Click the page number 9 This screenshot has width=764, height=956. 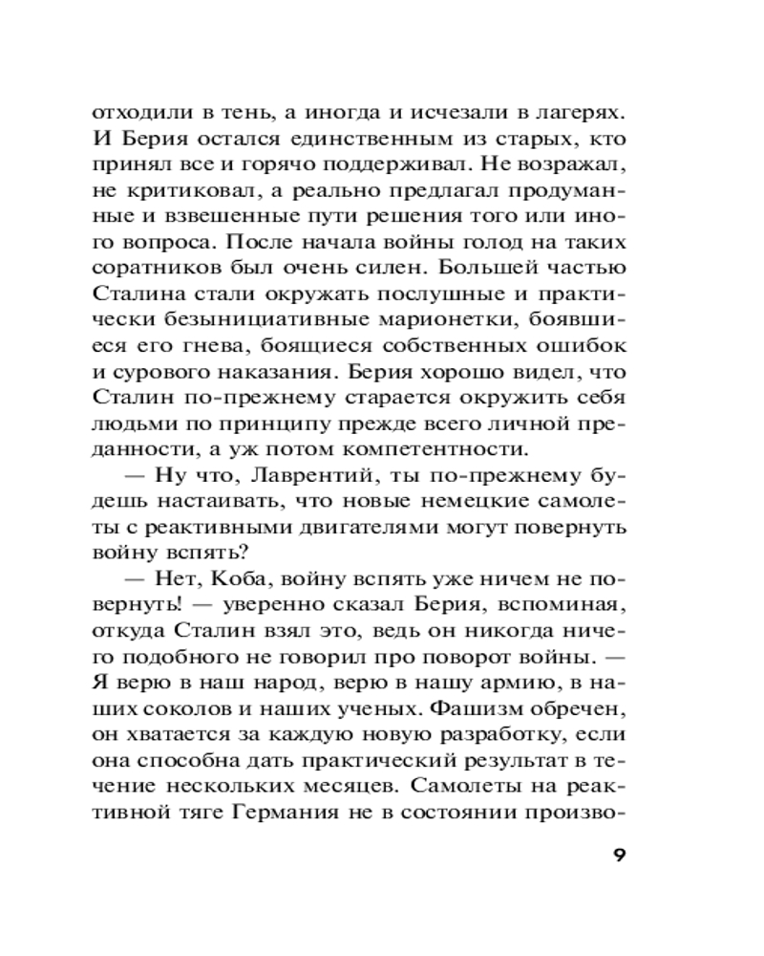click(x=619, y=854)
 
